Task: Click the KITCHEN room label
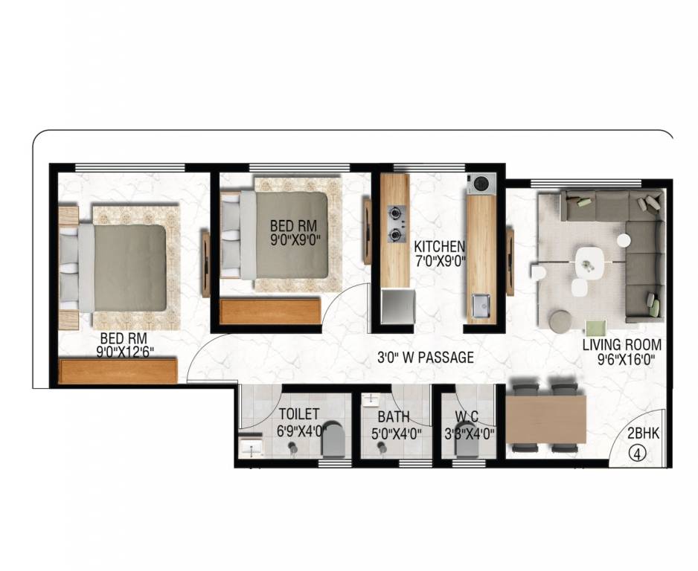click(x=439, y=246)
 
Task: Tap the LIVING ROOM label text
click(x=622, y=345)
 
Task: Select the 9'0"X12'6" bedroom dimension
click(x=125, y=352)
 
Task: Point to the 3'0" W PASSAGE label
click(x=426, y=357)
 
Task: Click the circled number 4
click(x=638, y=454)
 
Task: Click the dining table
click(x=545, y=419)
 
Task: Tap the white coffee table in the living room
click(x=590, y=262)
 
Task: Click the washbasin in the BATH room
click(x=370, y=399)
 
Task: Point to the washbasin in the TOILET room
click(x=252, y=448)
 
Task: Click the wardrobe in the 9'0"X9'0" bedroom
click(x=270, y=312)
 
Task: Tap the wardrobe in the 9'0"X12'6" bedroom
click(x=118, y=371)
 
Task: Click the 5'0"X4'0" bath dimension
click(x=396, y=433)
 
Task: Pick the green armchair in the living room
click(x=595, y=328)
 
